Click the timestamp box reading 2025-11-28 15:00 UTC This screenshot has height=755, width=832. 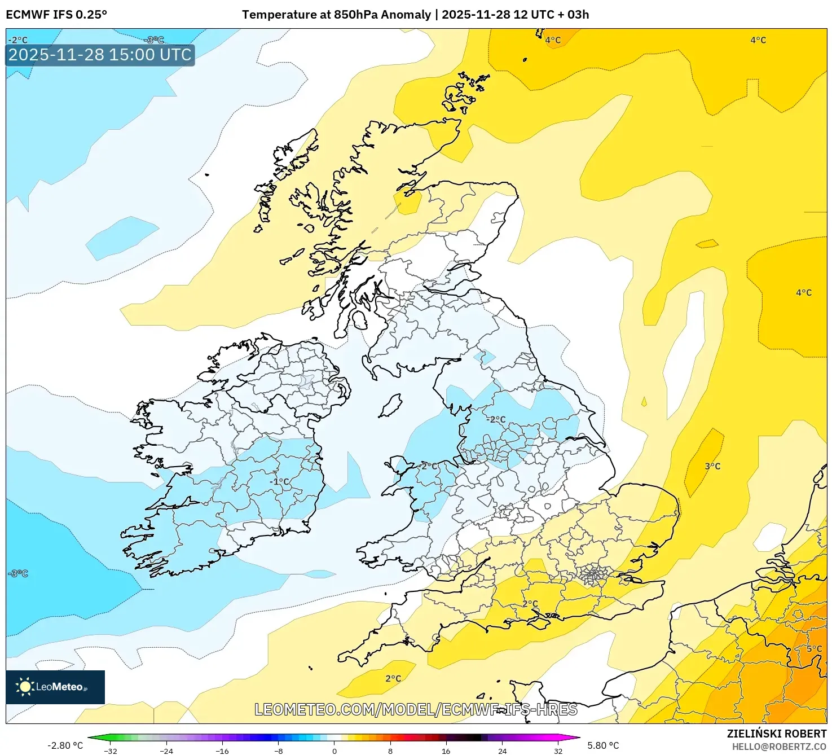100,55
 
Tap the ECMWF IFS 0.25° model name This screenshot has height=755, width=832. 56,15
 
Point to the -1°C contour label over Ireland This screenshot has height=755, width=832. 279,481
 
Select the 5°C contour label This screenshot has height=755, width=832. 814,649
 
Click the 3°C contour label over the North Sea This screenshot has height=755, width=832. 712,466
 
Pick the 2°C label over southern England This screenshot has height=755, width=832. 530,604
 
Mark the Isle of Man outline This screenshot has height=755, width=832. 390,406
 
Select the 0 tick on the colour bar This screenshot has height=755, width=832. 334,750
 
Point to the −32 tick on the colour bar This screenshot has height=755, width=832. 111,750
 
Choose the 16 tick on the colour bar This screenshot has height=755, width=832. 446,750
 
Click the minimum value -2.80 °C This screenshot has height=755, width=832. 65,745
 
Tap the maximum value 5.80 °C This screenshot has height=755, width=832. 603,745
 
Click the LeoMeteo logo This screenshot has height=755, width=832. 55,687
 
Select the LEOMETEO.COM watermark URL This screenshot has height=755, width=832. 416,709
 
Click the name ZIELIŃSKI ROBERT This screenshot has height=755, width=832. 777,734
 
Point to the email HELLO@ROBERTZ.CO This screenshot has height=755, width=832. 779,747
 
